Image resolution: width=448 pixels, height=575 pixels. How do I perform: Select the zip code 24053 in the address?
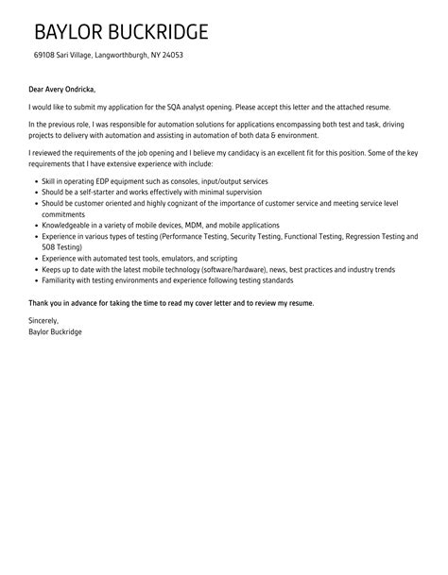[x=172, y=55]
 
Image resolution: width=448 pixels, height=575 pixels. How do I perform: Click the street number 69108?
[x=44, y=55]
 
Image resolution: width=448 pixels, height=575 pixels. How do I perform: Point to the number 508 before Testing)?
[x=45, y=247]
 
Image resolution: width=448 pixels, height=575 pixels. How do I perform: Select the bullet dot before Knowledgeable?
[x=34, y=226]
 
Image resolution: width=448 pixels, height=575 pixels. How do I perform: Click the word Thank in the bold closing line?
[x=40, y=302]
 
